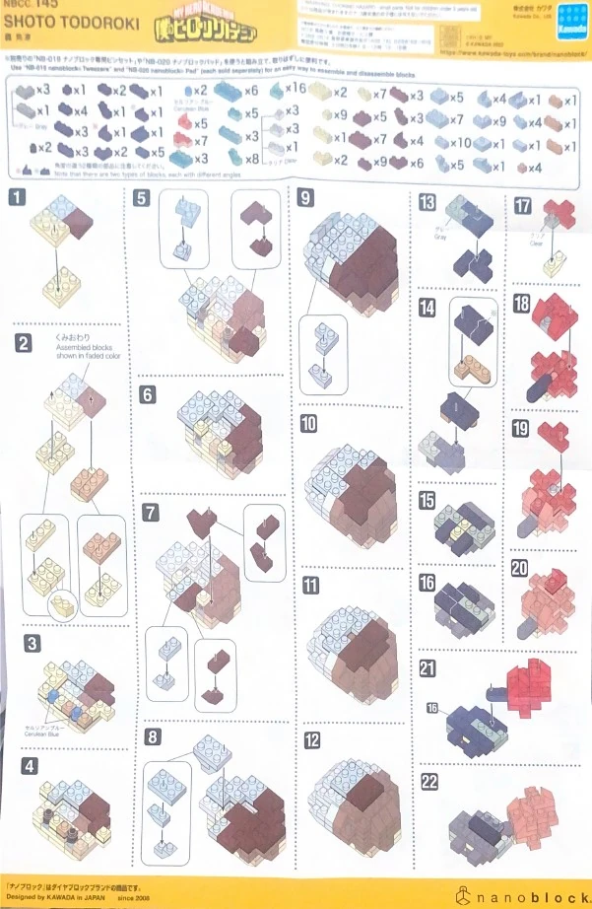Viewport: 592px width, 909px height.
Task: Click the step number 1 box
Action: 18,196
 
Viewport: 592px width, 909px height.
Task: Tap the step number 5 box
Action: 144,197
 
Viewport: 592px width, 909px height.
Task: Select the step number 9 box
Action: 306,197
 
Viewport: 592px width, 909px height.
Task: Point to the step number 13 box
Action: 427,202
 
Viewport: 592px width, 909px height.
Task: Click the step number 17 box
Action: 523,205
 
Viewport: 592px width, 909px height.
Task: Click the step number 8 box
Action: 152,736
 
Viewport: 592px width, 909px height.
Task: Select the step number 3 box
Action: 33,644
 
